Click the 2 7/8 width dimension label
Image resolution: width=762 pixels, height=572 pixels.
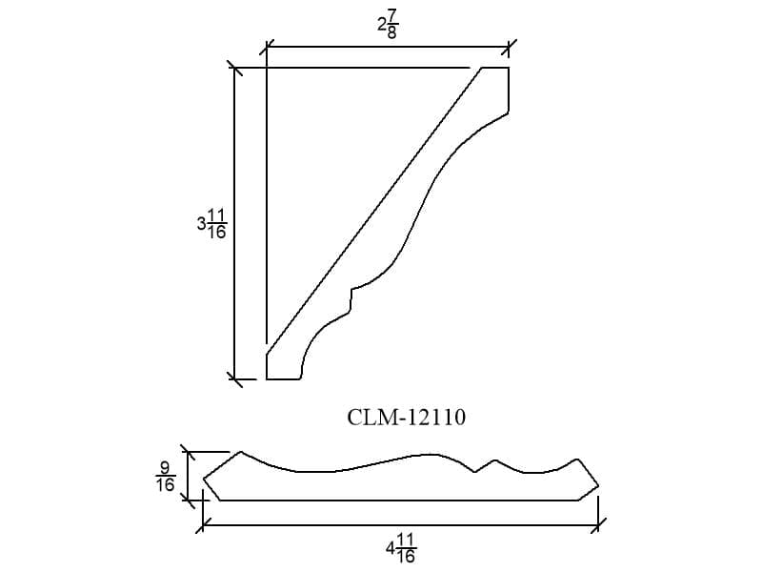[x=388, y=25]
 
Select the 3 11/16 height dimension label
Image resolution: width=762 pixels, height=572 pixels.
[x=211, y=224]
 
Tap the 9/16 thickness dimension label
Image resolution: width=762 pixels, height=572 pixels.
[x=165, y=477]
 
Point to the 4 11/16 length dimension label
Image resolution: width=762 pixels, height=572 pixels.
[x=401, y=548]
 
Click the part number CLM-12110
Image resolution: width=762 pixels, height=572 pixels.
[x=407, y=418]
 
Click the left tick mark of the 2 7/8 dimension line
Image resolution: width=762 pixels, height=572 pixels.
[x=267, y=47]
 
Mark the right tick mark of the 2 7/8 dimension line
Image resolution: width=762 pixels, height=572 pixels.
[x=509, y=47]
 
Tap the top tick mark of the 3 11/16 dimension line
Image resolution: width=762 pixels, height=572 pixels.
[x=235, y=68]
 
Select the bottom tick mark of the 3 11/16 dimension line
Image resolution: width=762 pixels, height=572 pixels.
[x=235, y=378]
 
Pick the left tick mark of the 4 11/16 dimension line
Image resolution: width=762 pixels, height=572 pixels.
[x=203, y=525]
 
